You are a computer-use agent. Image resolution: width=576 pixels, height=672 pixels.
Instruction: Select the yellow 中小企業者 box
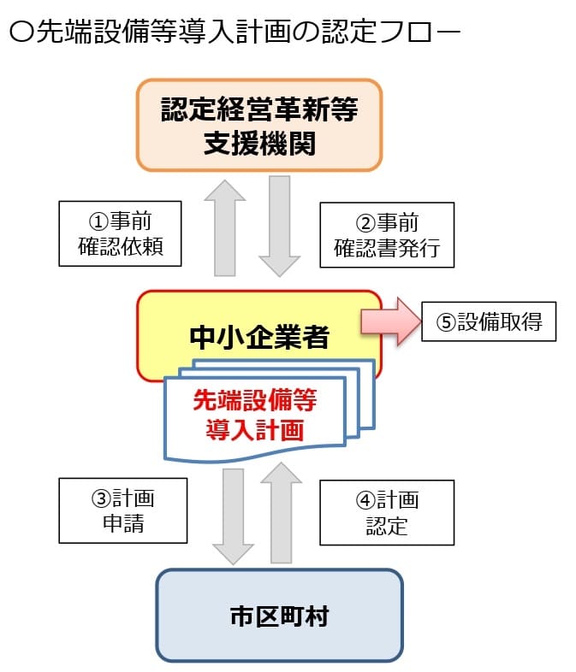coord(258,337)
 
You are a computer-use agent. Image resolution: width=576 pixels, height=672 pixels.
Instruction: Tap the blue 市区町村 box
coord(279,615)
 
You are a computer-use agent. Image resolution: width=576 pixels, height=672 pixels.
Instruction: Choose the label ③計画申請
coord(123,510)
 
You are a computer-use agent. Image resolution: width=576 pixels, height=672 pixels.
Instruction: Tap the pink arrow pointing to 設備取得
coord(390,321)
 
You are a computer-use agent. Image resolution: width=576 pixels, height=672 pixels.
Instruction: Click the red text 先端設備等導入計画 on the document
coord(255,415)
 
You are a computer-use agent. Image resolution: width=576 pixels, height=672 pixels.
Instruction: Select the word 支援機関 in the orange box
coord(259,143)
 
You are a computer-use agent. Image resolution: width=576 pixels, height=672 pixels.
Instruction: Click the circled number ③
coord(101,499)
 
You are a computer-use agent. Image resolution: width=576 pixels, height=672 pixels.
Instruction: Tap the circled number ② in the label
coord(365,224)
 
